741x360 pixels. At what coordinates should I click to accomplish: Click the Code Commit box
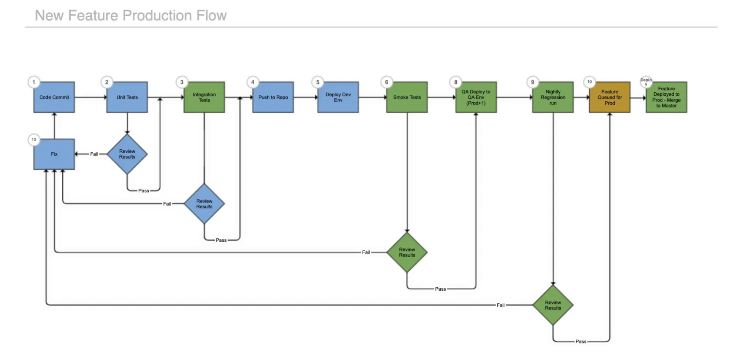tap(54, 97)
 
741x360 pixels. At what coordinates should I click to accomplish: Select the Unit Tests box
tap(127, 97)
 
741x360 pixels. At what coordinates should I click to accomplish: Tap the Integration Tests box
tap(204, 97)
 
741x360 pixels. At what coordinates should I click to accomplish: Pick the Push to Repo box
tap(273, 97)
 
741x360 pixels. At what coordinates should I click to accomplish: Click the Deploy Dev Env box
tap(338, 97)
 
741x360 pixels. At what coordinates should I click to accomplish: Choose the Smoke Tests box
tap(407, 97)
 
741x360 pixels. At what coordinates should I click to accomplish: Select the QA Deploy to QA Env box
tap(476, 97)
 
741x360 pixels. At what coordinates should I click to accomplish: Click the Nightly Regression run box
tap(553, 97)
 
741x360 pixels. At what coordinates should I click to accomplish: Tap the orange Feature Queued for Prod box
tap(610, 97)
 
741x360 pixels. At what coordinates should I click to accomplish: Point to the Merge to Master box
tap(666, 97)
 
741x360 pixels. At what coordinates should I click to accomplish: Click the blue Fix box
tap(54, 154)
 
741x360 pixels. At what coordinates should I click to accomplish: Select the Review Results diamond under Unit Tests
tap(127, 154)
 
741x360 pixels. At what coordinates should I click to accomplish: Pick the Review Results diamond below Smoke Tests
tap(407, 252)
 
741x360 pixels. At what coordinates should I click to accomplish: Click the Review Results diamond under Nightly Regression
tap(553, 305)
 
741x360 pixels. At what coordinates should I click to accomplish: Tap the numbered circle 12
tap(34, 139)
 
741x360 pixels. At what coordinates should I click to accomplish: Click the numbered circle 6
tap(387, 82)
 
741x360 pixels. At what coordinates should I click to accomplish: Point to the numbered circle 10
tap(589, 82)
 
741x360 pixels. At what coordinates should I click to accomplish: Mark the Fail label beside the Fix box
tap(94, 154)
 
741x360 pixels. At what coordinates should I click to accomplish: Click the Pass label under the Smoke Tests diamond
tap(440, 289)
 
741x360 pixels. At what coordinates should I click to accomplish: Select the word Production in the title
tap(157, 16)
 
